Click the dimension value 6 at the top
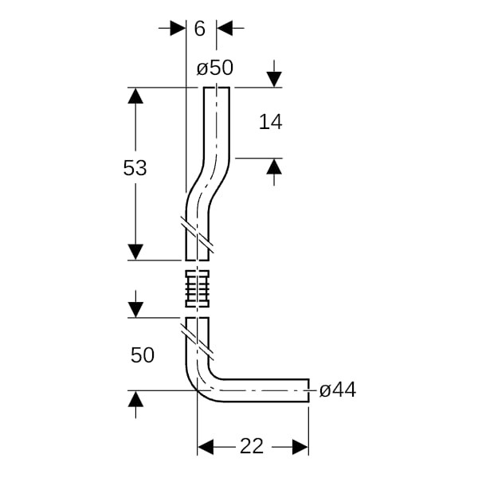pos(200,29)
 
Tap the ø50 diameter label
pos(215,68)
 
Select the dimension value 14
pos(270,122)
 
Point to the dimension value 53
pos(135,167)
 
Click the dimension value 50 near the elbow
pos(143,355)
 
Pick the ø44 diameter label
pos(338,390)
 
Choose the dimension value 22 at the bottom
pos(252,446)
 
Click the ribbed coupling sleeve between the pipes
pos(198,288)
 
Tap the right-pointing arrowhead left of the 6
pos(178,28)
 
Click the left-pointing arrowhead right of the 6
pos(225,28)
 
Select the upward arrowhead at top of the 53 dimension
pos(135,96)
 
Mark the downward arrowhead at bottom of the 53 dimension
pos(135,252)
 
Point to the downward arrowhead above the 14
pos(274,80)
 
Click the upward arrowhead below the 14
pos(274,167)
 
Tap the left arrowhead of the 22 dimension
pos(206,447)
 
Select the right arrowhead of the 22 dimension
pos(300,447)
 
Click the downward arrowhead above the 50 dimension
pos(135,310)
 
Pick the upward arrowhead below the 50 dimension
pos(135,399)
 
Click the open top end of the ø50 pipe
pos(217,88)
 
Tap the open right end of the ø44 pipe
pos(308,390)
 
